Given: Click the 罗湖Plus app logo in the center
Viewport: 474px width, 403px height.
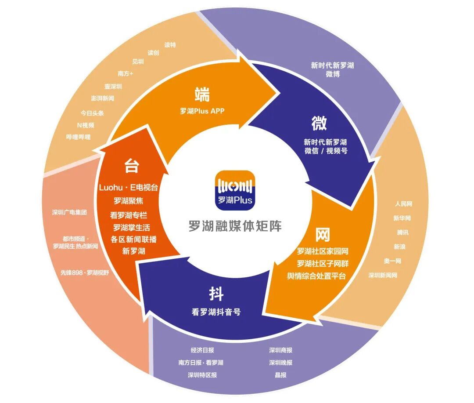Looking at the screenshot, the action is click(235, 190).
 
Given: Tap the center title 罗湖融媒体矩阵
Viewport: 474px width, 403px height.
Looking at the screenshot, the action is click(235, 226).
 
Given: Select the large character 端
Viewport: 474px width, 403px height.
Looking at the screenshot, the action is click(202, 94).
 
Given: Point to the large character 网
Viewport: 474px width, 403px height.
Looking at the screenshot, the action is click(322, 235).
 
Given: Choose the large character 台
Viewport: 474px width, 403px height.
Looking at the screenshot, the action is click(132, 166).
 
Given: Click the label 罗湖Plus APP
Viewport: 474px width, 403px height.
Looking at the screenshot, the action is click(202, 111).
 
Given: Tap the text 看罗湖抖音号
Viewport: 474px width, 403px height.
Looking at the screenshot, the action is click(216, 312).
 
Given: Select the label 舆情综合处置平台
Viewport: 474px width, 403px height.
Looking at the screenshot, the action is click(316, 276).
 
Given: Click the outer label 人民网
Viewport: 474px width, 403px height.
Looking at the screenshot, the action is click(403, 204).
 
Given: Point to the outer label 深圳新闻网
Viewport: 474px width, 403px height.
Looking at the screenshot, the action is click(383, 275).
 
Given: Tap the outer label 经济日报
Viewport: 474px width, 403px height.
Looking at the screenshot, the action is click(202, 350).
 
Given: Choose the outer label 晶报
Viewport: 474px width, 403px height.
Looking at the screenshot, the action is click(280, 375).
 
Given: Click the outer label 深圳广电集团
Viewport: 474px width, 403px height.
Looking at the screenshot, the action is click(69, 212).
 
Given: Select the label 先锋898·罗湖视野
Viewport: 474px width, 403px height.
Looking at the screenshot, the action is click(84, 272).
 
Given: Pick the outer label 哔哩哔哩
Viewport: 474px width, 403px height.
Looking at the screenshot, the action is click(78, 137).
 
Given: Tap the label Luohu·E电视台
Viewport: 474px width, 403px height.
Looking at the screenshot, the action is click(128, 187).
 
